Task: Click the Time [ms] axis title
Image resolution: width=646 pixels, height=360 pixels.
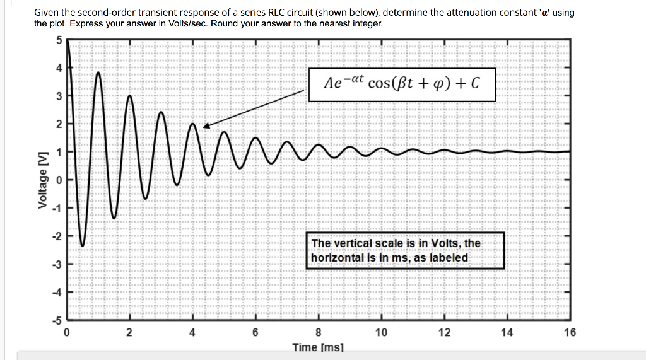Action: click(x=318, y=347)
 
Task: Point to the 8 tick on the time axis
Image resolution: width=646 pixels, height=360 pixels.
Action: click(x=319, y=332)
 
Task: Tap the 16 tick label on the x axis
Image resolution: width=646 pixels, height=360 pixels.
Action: click(x=570, y=332)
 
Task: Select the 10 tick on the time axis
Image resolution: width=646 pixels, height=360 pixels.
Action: click(x=381, y=332)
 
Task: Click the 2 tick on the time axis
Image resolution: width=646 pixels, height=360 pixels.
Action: click(x=129, y=332)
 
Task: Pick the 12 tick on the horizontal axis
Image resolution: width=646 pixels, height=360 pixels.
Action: click(x=444, y=332)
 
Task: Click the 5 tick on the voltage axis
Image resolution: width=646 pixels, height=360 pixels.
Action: click(x=59, y=40)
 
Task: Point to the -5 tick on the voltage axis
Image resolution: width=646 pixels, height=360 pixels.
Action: click(x=57, y=320)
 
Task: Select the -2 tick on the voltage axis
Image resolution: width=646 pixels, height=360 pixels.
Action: click(x=57, y=236)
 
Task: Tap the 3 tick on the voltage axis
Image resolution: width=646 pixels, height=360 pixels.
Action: click(x=59, y=96)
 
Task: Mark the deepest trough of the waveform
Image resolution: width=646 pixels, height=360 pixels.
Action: click(x=82, y=245)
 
